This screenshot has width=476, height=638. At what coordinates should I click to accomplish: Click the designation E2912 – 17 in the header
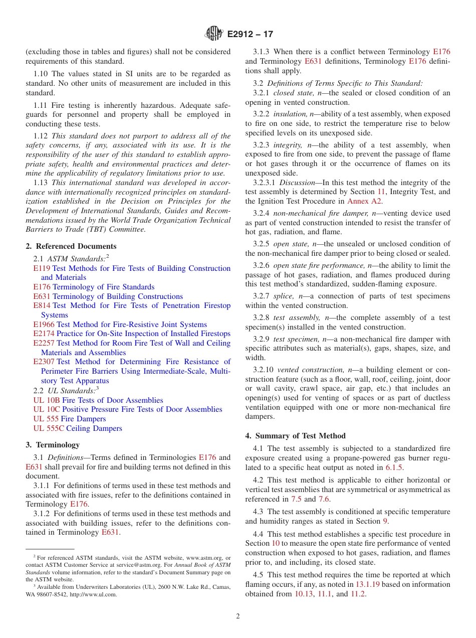tap(250, 35)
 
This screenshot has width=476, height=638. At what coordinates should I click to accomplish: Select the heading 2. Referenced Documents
tap(71, 246)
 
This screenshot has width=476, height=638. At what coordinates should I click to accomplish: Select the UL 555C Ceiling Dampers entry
tap(78, 428)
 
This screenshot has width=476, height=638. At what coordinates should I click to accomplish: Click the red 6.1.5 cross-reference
tap(394, 467)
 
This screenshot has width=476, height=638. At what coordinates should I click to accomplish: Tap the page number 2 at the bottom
tap(238, 616)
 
